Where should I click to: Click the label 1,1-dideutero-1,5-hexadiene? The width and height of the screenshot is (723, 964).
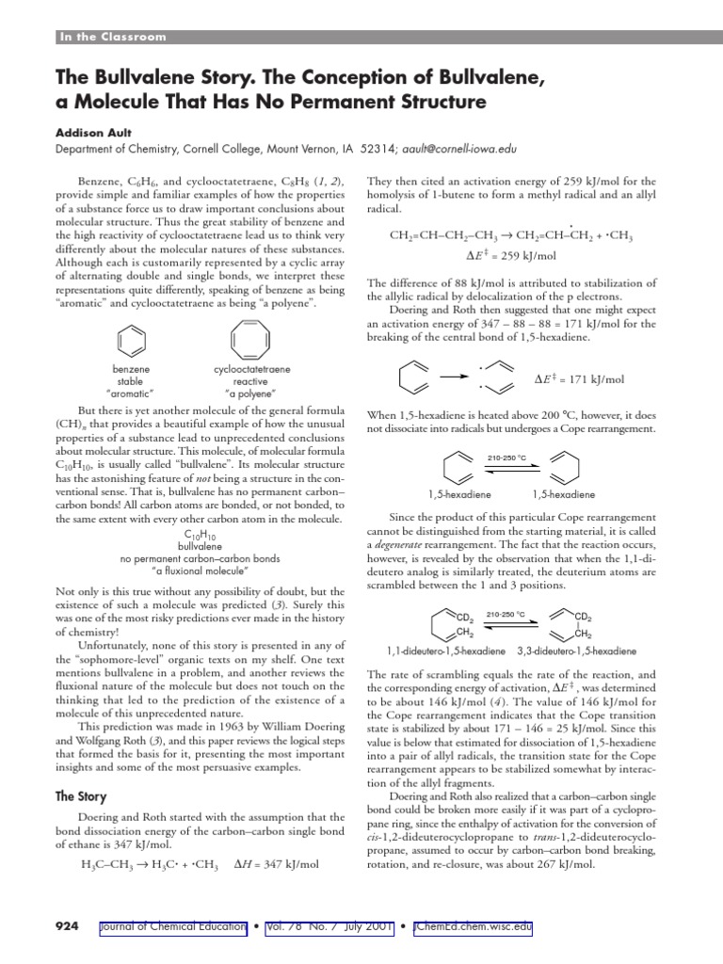(441, 651)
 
